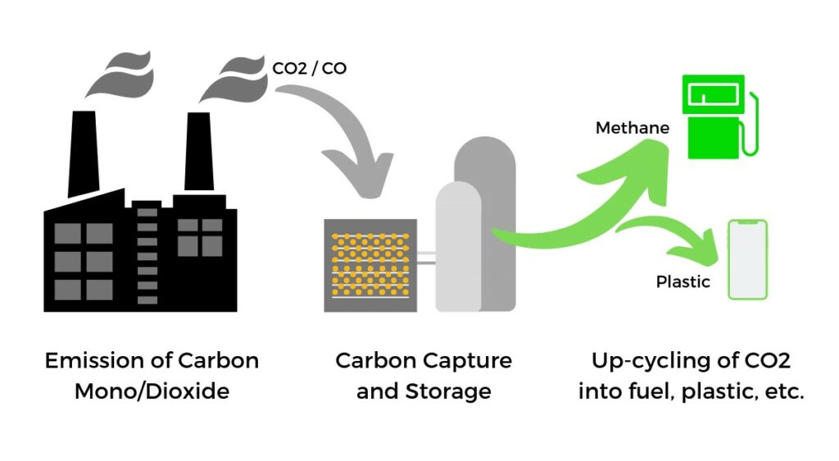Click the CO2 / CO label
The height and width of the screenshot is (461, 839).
[309, 68]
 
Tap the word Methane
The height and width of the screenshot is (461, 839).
[632, 128]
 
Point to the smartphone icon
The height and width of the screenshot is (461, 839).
[747, 259]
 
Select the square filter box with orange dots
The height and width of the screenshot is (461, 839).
[370, 265]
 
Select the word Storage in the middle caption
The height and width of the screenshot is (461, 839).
[447, 391]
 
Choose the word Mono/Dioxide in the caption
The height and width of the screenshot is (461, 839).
[152, 391]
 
